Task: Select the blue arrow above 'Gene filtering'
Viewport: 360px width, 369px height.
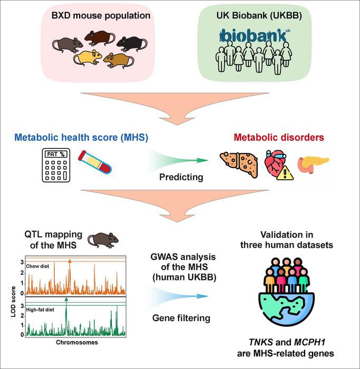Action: [178, 296]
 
